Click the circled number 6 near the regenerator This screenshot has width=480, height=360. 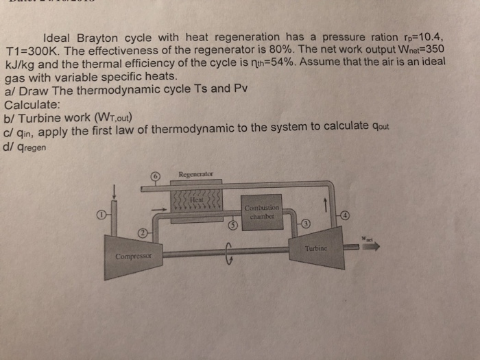click(x=156, y=176)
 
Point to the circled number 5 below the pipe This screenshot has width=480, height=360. click(x=233, y=224)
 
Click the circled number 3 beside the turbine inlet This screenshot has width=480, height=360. click(x=306, y=224)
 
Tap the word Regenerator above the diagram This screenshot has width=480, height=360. click(x=197, y=173)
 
